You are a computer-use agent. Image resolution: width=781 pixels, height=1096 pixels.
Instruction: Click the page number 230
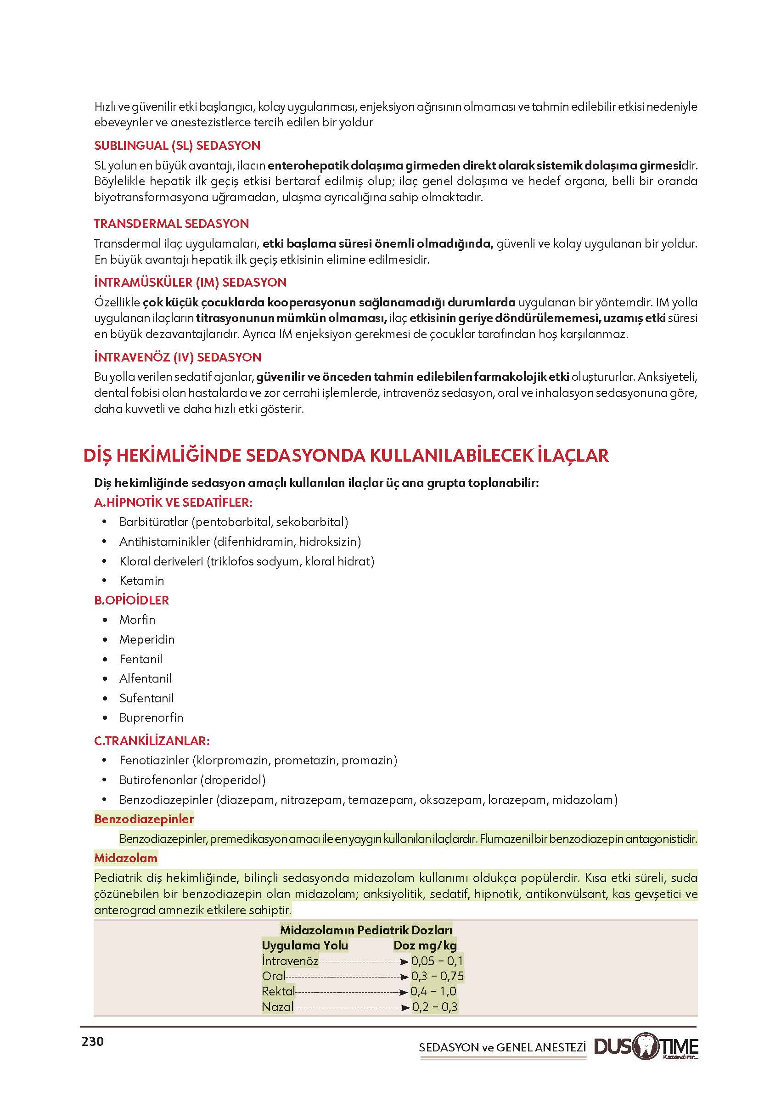coord(92,1042)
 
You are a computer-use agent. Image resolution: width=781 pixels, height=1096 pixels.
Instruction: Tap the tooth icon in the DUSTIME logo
coord(646,1047)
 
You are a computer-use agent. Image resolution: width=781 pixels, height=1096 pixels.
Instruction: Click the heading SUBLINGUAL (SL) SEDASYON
coord(177,145)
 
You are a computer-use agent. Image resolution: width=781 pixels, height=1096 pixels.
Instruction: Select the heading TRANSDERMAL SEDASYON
coord(171,223)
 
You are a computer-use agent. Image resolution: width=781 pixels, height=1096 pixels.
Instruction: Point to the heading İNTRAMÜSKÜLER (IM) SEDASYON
coord(190,282)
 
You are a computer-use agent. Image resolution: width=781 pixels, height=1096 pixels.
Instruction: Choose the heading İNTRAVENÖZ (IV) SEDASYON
coord(177,357)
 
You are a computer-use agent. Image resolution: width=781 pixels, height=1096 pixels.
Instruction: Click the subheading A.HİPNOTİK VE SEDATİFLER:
coord(173,502)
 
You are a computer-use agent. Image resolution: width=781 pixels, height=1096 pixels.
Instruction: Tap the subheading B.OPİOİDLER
coord(131,600)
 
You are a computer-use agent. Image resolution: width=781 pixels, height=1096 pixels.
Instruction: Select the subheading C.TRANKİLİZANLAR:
coord(152,740)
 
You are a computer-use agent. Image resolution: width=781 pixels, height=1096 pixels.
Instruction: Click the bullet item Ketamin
coord(141,581)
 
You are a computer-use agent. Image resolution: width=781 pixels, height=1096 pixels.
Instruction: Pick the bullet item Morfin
coord(137,620)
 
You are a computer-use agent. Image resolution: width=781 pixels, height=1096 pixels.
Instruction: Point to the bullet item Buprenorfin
coord(151,717)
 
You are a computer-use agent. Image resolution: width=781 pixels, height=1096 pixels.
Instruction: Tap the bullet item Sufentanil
coord(146,698)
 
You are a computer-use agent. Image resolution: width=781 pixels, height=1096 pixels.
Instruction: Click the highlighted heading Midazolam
coord(125,858)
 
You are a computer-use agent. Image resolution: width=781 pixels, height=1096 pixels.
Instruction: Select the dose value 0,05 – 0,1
coord(437,961)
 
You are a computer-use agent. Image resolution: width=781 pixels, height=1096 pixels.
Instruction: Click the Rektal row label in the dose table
coord(278,991)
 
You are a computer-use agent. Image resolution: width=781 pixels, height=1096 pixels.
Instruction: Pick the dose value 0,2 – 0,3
coord(435,1006)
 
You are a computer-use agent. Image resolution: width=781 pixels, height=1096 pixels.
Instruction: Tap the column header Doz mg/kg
coord(425,945)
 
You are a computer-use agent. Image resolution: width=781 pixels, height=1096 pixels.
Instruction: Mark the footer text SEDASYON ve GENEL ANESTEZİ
coord(502,1047)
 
